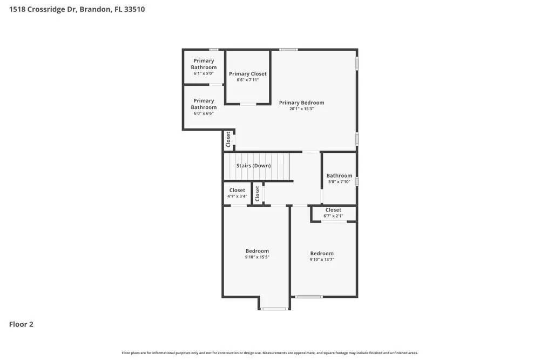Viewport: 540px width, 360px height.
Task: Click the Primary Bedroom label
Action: (x=301, y=103)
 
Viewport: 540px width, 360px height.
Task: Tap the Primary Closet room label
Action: (x=247, y=74)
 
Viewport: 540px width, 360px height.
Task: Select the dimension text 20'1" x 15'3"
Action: (x=301, y=109)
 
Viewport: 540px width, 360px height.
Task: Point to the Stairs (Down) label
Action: (x=253, y=166)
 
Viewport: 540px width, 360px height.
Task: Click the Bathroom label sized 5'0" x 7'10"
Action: (x=339, y=175)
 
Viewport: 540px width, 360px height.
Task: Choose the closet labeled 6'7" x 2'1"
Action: (x=333, y=210)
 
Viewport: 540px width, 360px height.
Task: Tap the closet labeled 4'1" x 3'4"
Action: (x=237, y=191)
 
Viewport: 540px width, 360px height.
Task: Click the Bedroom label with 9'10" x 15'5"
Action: (x=257, y=251)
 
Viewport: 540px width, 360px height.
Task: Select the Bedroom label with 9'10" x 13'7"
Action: (x=322, y=254)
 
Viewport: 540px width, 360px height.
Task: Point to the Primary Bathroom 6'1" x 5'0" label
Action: (x=204, y=64)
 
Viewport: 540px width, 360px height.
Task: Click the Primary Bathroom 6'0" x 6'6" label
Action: (x=204, y=104)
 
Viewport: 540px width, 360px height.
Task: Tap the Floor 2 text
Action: (x=21, y=324)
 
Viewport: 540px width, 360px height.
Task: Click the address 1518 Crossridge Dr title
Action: (x=77, y=9)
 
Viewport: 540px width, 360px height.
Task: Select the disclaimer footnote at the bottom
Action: (x=269, y=353)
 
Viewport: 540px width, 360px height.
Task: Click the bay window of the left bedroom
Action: (x=274, y=309)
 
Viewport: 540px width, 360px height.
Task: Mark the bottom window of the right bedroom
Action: (x=309, y=297)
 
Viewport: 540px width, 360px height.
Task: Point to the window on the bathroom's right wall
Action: (x=357, y=181)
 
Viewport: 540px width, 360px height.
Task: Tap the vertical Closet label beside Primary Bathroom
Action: (x=228, y=140)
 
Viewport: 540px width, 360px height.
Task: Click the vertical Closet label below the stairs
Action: (x=258, y=194)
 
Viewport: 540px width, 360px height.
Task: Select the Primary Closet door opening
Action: (x=248, y=104)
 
